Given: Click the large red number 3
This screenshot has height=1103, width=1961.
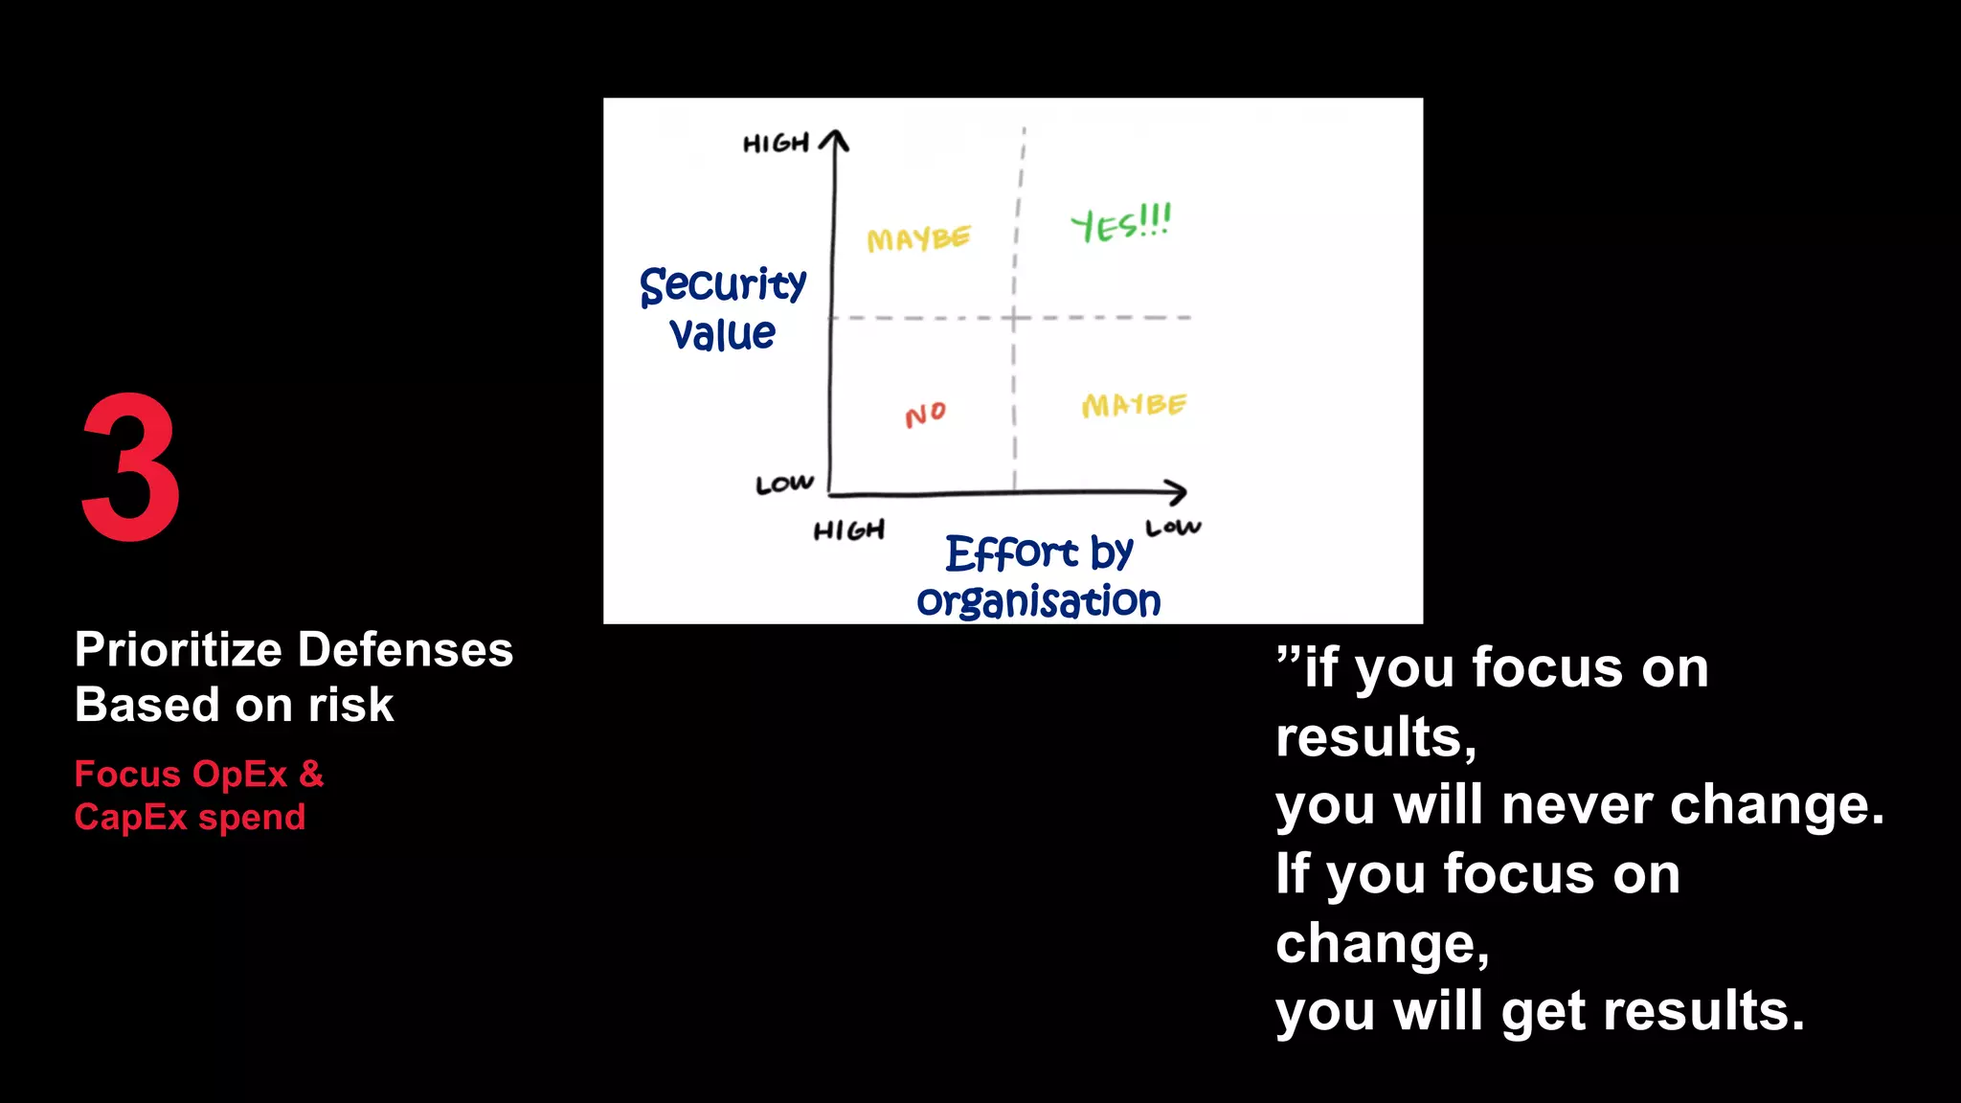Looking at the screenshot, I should point(131,466).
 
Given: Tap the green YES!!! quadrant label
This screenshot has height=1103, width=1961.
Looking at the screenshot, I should point(1120,224).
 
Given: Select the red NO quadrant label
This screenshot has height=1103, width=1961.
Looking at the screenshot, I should point(925,415).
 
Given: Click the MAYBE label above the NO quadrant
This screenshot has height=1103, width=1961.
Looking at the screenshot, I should point(918,238).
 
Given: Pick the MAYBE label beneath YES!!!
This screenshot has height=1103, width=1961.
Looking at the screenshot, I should point(1134,405).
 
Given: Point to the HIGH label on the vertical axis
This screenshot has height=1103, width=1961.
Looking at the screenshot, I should point(776,145).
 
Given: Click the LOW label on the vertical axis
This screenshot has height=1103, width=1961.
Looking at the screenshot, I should point(784,484).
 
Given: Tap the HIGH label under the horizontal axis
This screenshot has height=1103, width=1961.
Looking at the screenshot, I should point(848,530).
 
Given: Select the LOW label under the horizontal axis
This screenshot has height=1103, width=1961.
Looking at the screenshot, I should point(1173,528).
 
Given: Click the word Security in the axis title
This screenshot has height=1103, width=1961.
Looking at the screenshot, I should point(723,285).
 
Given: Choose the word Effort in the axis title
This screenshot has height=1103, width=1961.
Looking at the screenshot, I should point(1011,553).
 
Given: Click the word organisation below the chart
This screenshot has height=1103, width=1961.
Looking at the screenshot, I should point(1038,601).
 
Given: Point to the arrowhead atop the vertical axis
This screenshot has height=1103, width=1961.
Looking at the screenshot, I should point(835,140).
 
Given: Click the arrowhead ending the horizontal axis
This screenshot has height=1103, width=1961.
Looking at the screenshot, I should point(1179,493).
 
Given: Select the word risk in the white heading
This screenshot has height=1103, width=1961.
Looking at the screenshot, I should point(350,706).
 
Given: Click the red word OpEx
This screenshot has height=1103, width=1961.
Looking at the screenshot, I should point(240,774).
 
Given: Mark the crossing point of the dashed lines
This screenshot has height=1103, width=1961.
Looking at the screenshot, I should point(1015,317).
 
